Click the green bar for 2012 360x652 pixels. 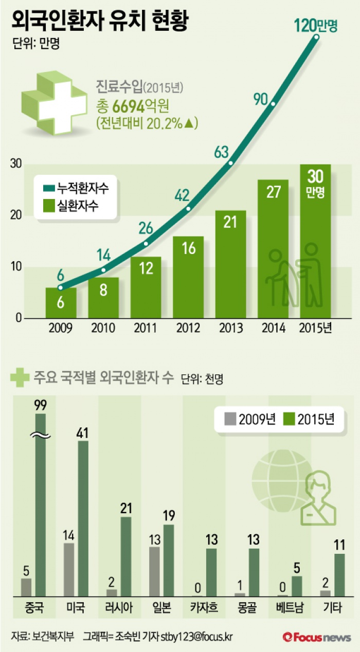pyautogui.click(x=188, y=278)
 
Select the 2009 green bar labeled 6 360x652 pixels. pyautogui.click(x=61, y=303)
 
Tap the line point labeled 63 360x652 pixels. pyautogui.click(x=231, y=163)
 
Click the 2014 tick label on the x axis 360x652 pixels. pyautogui.click(x=273, y=329)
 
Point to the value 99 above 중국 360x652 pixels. pyautogui.click(x=40, y=406)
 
